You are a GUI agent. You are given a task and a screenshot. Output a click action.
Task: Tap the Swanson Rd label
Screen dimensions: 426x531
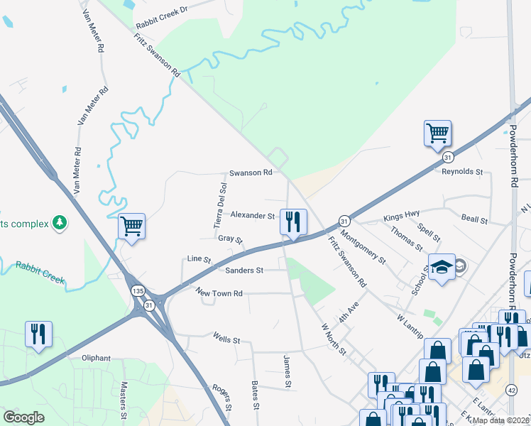[251, 173]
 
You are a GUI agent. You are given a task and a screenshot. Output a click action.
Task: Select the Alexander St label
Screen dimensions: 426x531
[252, 215]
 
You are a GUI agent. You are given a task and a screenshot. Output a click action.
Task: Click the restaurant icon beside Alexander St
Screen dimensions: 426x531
[292, 222]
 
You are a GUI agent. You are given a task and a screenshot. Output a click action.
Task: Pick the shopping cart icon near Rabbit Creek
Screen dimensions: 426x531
[132, 226]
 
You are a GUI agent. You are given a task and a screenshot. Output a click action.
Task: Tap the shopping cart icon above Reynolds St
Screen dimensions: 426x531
[437, 133]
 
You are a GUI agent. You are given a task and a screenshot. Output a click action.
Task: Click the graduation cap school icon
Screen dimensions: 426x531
[442, 268]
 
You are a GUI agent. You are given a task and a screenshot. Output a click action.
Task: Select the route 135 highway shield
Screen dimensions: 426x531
[138, 291]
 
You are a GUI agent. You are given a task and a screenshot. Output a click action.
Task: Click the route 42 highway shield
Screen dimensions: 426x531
[511, 390]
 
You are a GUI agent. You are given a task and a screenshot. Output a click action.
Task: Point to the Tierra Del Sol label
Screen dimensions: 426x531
[220, 205]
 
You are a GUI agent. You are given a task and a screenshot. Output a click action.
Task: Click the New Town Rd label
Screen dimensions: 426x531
[219, 293]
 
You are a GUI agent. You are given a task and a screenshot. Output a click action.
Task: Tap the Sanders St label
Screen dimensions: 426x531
[244, 271]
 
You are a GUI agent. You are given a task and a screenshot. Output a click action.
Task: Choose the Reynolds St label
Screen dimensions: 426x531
[462, 172]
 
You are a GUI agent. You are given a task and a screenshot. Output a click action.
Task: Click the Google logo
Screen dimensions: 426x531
[23, 417]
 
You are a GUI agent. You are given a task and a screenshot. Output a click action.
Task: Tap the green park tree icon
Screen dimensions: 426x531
[60, 224]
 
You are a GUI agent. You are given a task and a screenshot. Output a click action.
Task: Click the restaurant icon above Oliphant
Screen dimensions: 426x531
[38, 334]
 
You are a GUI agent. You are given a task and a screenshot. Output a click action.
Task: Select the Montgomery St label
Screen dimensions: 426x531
[363, 246]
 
